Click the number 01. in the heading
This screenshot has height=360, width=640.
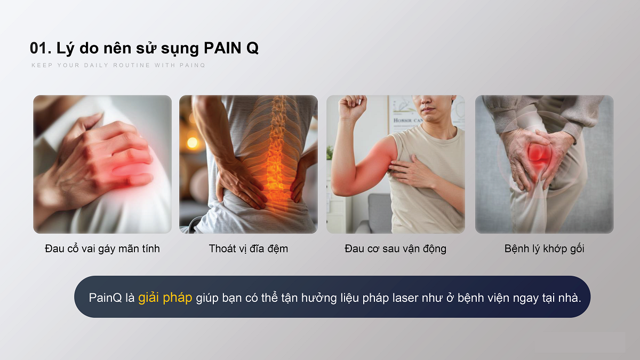pos(41,48)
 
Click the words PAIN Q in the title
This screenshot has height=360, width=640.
pos(231,48)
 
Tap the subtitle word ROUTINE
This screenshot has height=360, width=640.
pos(132,65)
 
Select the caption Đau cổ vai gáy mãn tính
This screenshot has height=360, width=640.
pos(102,249)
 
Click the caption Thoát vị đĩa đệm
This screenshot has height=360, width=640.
pos(249,249)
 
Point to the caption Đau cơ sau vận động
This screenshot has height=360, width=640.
pos(395,249)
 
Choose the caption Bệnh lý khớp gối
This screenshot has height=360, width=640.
pos(545,249)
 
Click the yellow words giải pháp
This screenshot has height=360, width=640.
pos(165,298)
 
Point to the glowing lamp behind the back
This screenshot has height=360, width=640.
pos(193,142)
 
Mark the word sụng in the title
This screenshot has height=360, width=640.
pos(180,49)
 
